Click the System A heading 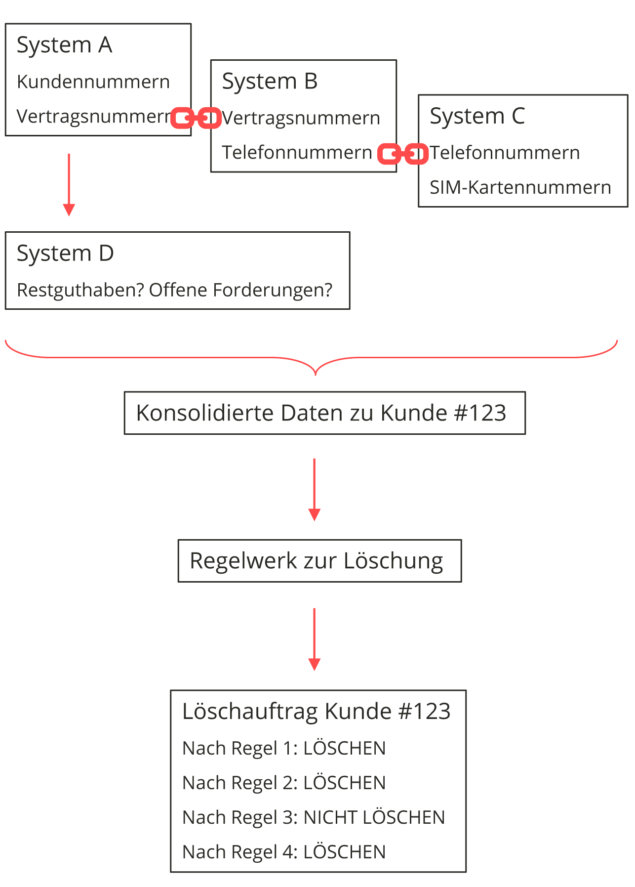(65, 45)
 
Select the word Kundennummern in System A (93, 82)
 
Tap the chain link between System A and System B (196, 118)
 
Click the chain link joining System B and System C (403, 154)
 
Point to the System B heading (270, 82)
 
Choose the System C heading (477, 117)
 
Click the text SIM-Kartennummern (520, 188)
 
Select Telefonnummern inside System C (505, 153)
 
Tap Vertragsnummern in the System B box (301, 119)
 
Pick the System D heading (65, 253)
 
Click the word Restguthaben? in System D (80, 290)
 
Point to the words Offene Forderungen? (241, 290)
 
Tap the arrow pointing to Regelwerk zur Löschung (314, 489)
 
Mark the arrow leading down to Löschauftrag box (314, 639)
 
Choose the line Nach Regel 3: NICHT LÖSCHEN (313, 818)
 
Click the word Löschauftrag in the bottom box (250, 712)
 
